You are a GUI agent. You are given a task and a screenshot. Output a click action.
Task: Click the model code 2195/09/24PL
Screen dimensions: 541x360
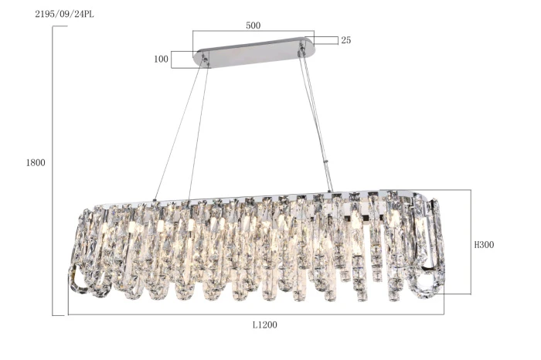point(64,14)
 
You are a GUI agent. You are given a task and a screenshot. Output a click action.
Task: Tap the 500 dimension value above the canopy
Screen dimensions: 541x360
point(253,25)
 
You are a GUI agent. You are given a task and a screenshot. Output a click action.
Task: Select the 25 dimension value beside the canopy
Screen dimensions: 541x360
point(345,40)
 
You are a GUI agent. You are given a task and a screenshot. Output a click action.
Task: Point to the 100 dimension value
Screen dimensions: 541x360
point(161,59)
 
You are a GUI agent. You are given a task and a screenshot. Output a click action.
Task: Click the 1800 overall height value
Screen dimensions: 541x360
point(36,162)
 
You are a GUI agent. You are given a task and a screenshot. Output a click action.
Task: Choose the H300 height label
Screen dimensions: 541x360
point(484,245)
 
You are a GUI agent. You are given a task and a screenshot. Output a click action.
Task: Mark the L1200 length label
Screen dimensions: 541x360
point(264,324)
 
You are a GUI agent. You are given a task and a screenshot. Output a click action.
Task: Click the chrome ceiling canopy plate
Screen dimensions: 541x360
point(254,52)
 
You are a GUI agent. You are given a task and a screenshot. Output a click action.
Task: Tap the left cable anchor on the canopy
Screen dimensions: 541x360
point(205,58)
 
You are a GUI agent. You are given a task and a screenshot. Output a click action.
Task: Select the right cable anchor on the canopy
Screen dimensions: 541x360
point(302,49)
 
